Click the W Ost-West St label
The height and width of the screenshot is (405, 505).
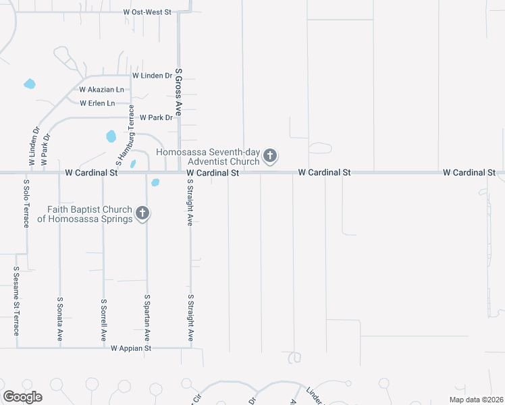(148, 12)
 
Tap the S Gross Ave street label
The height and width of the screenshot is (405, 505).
(179, 92)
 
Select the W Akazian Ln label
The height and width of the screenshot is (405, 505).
(101, 89)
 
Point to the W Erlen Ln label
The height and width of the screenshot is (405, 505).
(97, 103)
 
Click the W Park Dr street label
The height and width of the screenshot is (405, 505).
(157, 117)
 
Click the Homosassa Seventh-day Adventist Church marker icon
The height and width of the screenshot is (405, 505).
(269, 157)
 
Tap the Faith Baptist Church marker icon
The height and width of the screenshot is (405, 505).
(142, 213)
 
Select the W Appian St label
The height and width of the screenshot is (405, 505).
(131, 348)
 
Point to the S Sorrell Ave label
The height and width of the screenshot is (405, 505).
(103, 319)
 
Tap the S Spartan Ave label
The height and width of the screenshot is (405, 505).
(147, 317)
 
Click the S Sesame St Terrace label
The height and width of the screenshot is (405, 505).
(16, 300)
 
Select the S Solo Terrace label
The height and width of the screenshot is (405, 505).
(26, 202)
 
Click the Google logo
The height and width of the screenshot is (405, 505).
(22, 397)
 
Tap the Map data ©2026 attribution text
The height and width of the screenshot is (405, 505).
(475, 400)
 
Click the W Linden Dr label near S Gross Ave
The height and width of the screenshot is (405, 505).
(152, 76)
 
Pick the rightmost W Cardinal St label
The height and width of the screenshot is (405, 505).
(469, 173)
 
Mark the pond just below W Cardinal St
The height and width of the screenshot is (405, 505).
(155, 182)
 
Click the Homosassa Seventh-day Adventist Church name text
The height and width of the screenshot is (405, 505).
(208, 157)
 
